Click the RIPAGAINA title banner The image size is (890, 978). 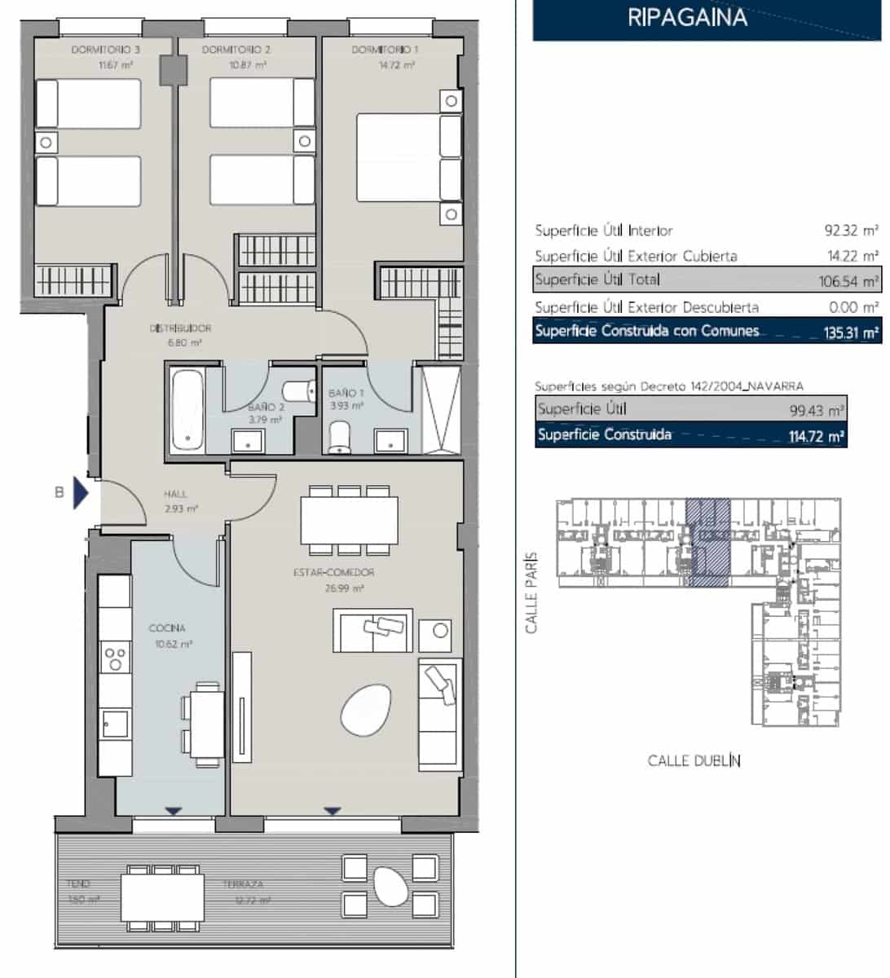point(687,18)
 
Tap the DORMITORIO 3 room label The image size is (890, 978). point(105,50)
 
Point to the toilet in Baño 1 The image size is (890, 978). point(337,438)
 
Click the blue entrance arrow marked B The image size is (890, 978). point(80,492)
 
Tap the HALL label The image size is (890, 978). point(175,494)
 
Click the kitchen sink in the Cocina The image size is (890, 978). point(114,722)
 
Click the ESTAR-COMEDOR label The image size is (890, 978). point(334,573)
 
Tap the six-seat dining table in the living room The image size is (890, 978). point(349,520)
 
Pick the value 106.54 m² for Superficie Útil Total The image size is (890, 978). point(848,282)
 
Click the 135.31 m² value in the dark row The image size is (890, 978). point(851,333)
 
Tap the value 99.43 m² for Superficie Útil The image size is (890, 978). point(820,410)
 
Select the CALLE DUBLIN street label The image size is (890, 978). point(694,761)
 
